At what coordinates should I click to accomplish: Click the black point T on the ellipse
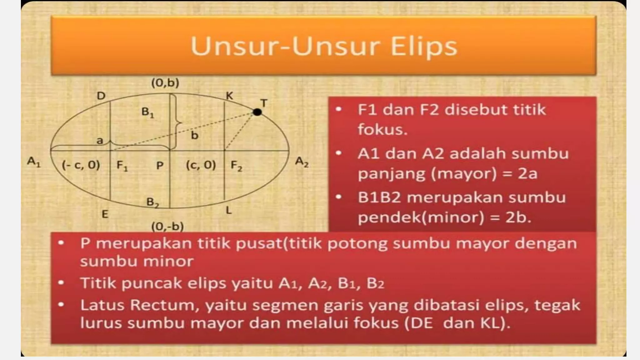coord(257,112)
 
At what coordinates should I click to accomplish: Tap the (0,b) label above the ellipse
coord(165,83)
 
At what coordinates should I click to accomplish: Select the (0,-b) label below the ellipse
coord(167,226)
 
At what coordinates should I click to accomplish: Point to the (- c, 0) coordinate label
coord(81,165)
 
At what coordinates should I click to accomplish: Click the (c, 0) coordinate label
coord(201,165)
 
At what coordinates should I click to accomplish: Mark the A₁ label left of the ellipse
coord(34,162)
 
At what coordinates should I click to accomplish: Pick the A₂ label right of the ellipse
coord(302,162)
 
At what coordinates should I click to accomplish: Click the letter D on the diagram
coord(101,96)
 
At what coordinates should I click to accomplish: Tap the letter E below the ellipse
coord(105,214)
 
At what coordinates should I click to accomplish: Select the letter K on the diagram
coord(229,96)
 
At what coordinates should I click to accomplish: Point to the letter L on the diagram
coord(229,210)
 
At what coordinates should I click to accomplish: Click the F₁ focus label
coord(122,165)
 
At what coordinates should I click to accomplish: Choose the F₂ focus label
coord(236,165)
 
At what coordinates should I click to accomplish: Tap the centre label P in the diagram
coord(160,165)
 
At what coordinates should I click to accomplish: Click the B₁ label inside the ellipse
coord(147,112)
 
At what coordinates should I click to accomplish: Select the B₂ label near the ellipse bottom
coord(152,202)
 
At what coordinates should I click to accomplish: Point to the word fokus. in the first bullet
coord(382,129)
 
